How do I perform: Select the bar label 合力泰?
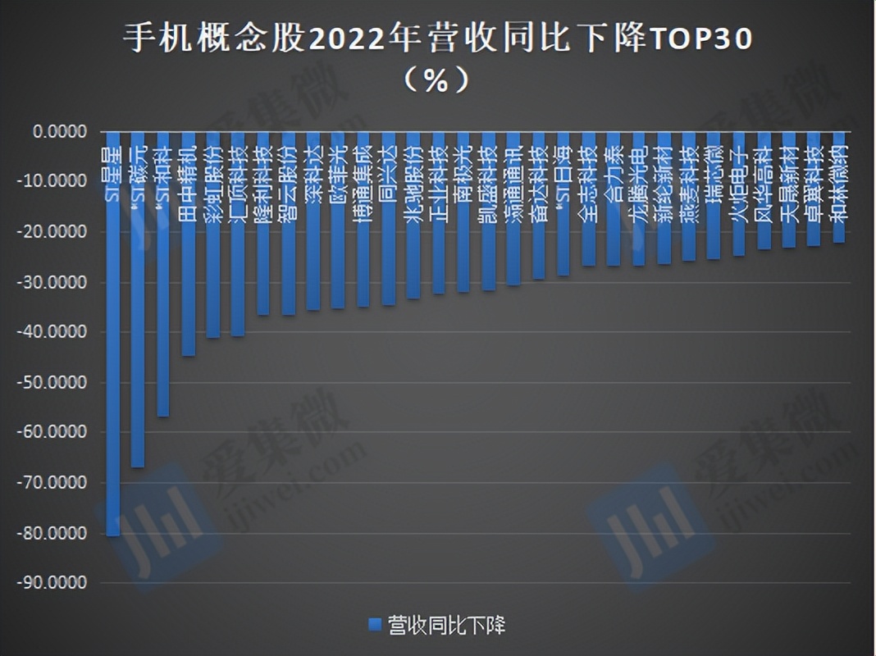click(614, 168)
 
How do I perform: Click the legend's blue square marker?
click(375, 626)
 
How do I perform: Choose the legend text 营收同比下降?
click(446, 626)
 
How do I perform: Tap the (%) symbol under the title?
click(436, 80)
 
